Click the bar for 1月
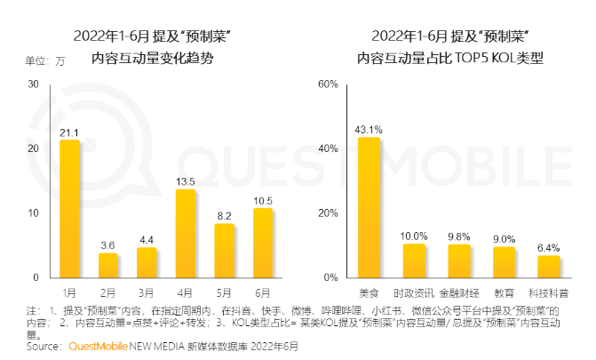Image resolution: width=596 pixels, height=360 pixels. pos(69,209)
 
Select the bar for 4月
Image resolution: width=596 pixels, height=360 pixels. pos(185,234)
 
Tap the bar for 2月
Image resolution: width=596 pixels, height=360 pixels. pos(107,265)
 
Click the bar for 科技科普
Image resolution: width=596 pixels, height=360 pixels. pos(549,266)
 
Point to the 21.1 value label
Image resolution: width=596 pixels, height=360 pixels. pos(69,132)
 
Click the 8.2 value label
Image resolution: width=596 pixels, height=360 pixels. pos(224,216)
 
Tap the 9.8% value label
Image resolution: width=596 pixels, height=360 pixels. pos(458,236)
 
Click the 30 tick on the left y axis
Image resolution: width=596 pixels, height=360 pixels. pos(33,84)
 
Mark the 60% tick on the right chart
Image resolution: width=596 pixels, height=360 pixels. pos(328,84)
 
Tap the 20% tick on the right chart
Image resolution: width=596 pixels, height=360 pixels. pos(328,213)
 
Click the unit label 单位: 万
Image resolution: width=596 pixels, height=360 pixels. pos(44,61)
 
